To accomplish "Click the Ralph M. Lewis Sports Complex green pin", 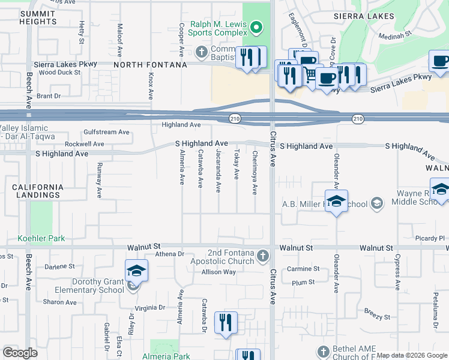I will pos(257,27).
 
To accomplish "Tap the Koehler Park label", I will pos(41,238).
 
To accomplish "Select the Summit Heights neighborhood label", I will pos(37,17).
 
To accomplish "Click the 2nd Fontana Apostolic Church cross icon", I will pos(262,257).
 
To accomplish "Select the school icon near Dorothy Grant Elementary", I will pos(137,272).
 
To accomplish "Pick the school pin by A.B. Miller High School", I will pos(337,202).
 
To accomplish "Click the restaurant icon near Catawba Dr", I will pos(226,322).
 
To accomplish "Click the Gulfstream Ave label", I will pos(107,131).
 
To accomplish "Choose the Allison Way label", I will pos(218,272).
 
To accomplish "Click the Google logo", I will pos(20,352).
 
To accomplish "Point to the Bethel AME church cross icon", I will pos(324,350).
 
